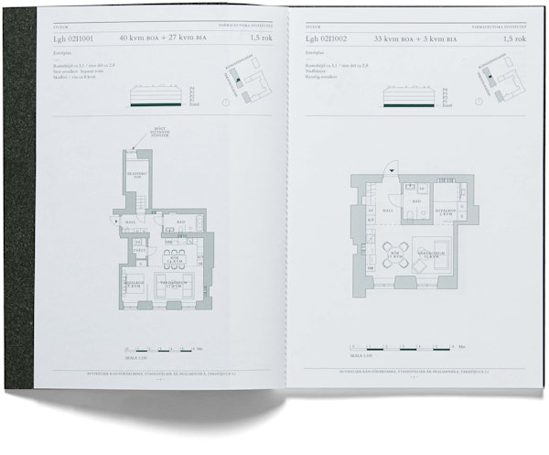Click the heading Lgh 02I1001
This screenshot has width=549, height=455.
coord(72,39)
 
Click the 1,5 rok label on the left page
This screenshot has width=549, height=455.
coord(260,39)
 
